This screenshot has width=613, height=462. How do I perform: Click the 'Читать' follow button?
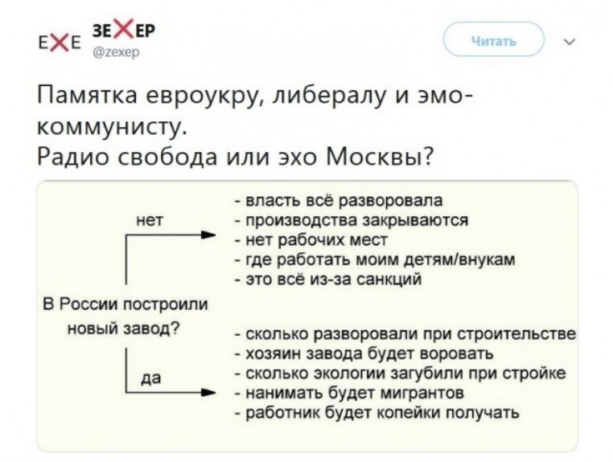click(x=494, y=39)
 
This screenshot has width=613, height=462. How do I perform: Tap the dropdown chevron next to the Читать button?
click(x=570, y=41)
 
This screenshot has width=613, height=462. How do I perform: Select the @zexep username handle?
click(x=115, y=53)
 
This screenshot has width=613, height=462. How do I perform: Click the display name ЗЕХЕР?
click(x=123, y=30)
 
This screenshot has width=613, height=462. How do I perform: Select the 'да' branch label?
click(x=150, y=378)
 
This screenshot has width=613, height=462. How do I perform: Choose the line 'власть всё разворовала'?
click(x=339, y=200)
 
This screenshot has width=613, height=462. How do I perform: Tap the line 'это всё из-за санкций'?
click(x=329, y=280)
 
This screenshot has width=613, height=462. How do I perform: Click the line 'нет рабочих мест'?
click(x=311, y=239)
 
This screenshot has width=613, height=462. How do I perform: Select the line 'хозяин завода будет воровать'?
click(x=364, y=354)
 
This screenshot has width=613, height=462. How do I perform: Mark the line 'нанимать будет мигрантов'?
click(x=350, y=393)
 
